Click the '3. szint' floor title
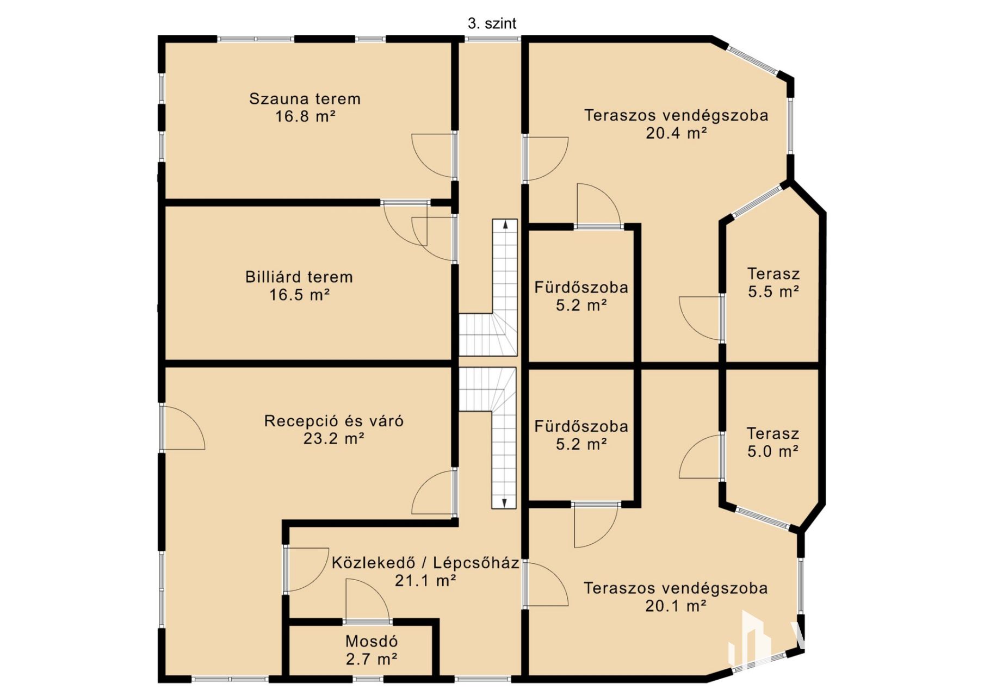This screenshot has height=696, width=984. coord(492,23)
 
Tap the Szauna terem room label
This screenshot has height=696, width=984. coord(305,99)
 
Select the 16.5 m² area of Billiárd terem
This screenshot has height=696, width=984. coord(300,295)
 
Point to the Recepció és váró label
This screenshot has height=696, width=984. coord(334,421)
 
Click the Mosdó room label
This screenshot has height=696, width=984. coord(372,642)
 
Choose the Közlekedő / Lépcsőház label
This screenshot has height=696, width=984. coord(425,562)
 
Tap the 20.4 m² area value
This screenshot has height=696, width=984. coord(676,133)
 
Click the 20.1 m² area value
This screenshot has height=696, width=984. coord(676,605)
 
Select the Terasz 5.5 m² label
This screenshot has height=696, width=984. coord(773,283)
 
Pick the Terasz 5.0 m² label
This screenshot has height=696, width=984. coord(772,442)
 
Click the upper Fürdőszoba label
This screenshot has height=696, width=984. coord(581,287)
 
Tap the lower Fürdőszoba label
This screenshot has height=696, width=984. coord(581,426)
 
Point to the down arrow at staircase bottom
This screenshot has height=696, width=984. coord(505,503)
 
